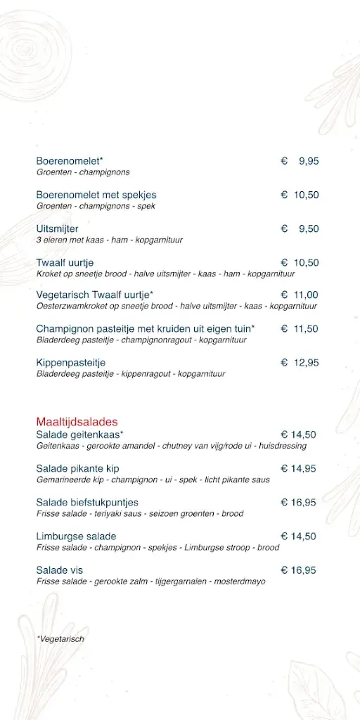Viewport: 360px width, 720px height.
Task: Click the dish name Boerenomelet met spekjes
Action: pos(96,195)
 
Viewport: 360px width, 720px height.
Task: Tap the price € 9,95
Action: pos(300,161)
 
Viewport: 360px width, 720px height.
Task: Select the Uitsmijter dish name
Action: pos(58,229)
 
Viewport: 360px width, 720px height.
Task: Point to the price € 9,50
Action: pos(300,229)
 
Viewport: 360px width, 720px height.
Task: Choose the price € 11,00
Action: pos(300,295)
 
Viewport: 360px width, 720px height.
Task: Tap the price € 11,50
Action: pos(300,328)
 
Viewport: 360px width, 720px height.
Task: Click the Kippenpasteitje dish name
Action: pos(71,362)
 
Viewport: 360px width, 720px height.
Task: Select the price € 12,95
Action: pos(300,362)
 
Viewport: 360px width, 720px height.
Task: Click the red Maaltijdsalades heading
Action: pos(77,422)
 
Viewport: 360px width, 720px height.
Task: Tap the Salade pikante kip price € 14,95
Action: pos(299,468)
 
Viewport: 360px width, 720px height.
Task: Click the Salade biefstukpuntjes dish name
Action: pos(87,502)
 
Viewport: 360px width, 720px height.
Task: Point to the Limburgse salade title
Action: pos(77,536)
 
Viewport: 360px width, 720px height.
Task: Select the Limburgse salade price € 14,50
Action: pos(299,536)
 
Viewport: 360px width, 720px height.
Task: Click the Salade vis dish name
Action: pos(60,570)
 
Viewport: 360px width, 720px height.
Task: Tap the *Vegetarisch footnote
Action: pos(60,638)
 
